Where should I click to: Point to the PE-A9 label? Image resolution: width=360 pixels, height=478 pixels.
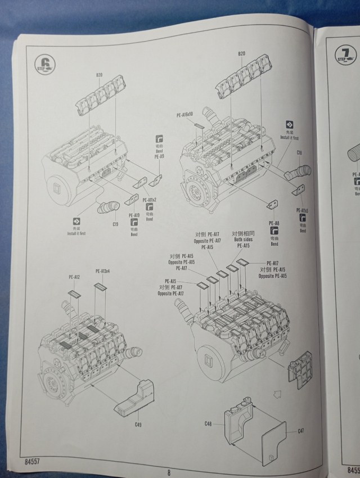tap(159, 156)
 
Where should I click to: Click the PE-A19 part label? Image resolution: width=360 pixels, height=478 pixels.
tap(133, 215)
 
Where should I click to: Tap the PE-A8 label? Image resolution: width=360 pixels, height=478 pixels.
tap(275, 223)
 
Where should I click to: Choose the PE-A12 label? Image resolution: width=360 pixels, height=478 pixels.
tap(74, 277)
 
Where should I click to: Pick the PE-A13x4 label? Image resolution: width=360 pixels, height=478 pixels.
tap(102, 271)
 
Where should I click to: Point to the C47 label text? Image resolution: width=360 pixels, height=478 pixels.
tap(300, 430)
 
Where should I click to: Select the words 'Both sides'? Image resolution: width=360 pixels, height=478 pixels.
tap(243, 240)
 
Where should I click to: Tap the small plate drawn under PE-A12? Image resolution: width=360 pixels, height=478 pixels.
tap(73, 293)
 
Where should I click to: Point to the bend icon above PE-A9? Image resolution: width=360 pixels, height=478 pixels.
tap(159, 138)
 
